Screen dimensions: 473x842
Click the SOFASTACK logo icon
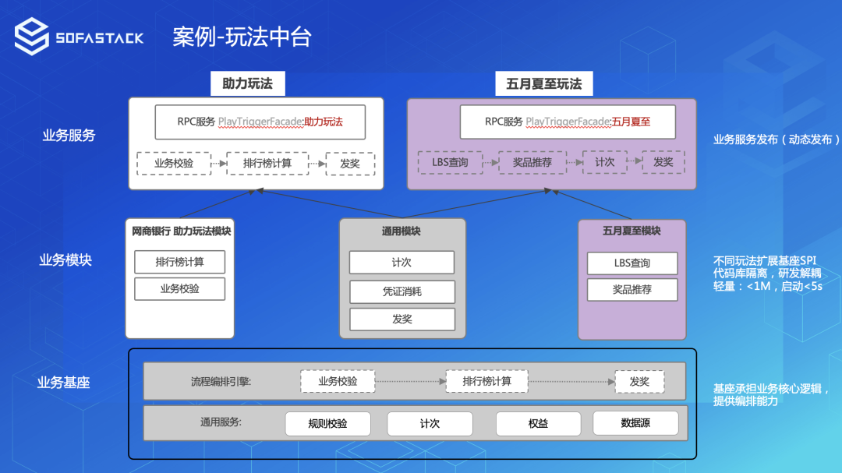click(x=31, y=37)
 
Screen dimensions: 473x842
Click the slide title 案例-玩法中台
click(x=242, y=37)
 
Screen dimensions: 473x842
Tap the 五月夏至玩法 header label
click(x=543, y=83)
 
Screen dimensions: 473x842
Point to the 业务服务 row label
click(x=69, y=136)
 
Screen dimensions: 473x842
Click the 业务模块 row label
click(x=65, y=260)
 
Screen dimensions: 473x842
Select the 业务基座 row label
click(x=64, y=383)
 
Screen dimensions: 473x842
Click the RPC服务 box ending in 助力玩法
click(x=260, y=122)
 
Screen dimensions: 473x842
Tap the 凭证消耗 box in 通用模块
click(x=402, y=291)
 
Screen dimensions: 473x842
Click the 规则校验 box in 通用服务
click(x=327, y=424)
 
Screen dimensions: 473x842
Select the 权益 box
click(x=538, y=424)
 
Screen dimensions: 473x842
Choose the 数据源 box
click(x=635, y=423)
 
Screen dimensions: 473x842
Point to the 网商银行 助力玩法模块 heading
click(x=181, y=231)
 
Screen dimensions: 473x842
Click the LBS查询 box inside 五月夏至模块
click(x=631, y=263)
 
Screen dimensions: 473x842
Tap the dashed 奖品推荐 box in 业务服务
click(x=532, y=163)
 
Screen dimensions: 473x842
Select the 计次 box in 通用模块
click(x=402, y=263)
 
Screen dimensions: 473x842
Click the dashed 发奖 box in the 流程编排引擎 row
click(x=639, y=382)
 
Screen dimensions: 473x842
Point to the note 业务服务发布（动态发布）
click(x=776, y=139)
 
